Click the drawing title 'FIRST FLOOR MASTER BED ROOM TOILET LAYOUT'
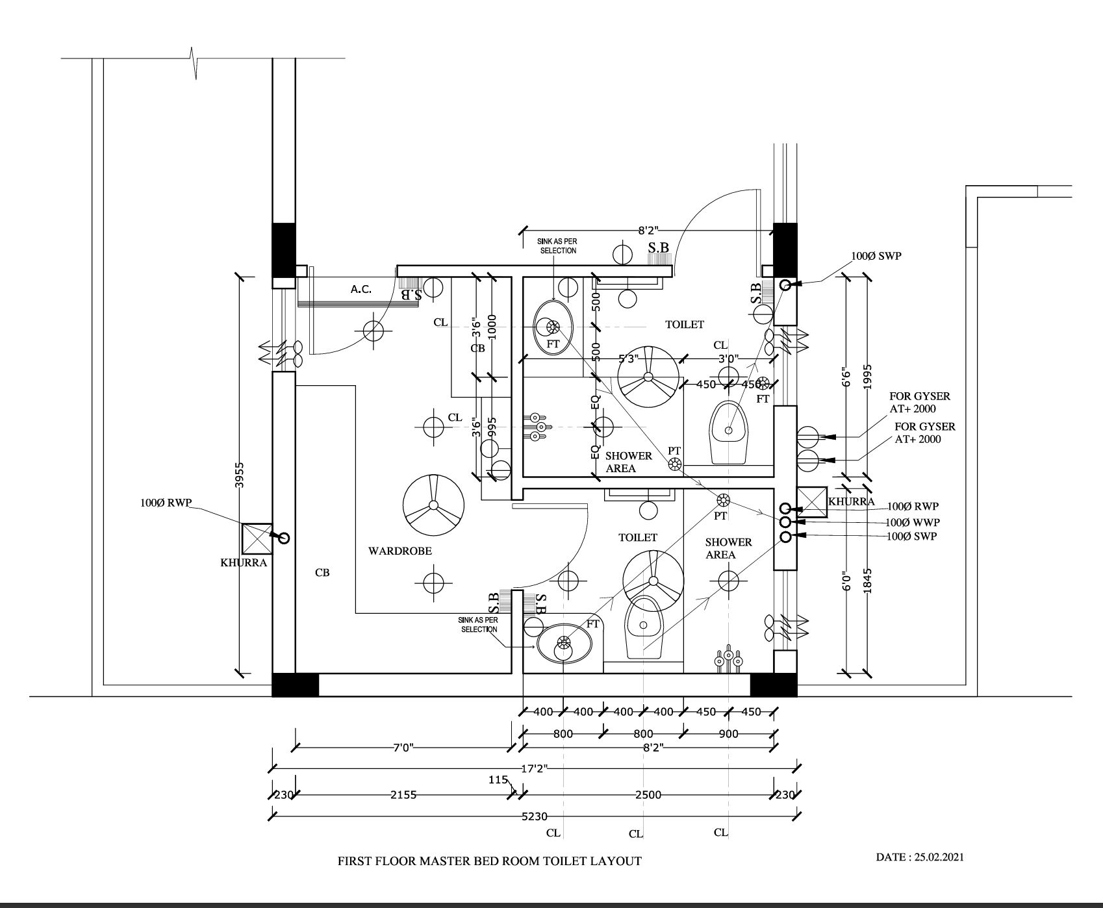coord(489,861)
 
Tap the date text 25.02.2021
coord(939,857)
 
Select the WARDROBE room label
coord(400,551)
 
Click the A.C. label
coord(361,289)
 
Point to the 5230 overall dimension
coord(534,816)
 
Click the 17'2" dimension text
coord(535,769)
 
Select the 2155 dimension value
coord(403,794)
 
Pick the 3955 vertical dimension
coord(240,474)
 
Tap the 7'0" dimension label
coord(403,748)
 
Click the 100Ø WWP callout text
coord(913,522)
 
